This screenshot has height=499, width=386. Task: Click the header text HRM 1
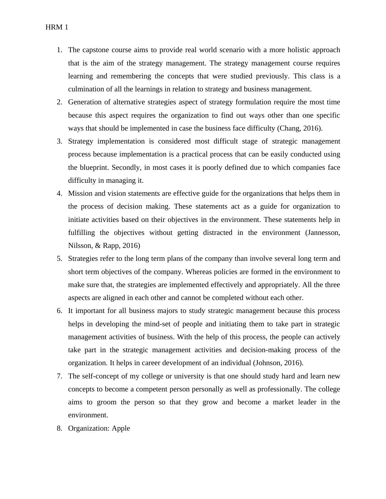(57, 27)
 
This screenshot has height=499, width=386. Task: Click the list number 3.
(59, 141)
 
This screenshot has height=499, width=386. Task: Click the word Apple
(121, 428)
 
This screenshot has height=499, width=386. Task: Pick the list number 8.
(59, 428)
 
